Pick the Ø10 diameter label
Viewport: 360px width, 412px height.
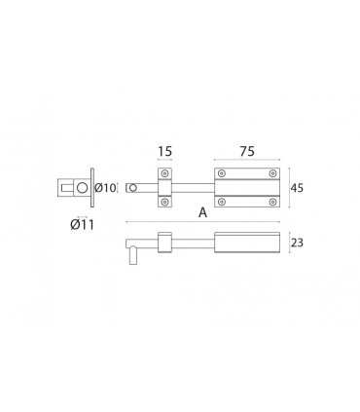tap(107, 188)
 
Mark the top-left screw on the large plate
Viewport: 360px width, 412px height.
tap(223, 175)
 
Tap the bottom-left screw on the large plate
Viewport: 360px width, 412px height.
tap(223, 202)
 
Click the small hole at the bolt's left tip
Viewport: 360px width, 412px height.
tap(132, 189)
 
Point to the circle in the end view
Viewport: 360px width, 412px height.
tap(84, 188)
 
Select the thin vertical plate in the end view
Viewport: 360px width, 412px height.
tap(92, 188)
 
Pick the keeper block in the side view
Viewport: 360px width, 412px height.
tap(165, 243)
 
